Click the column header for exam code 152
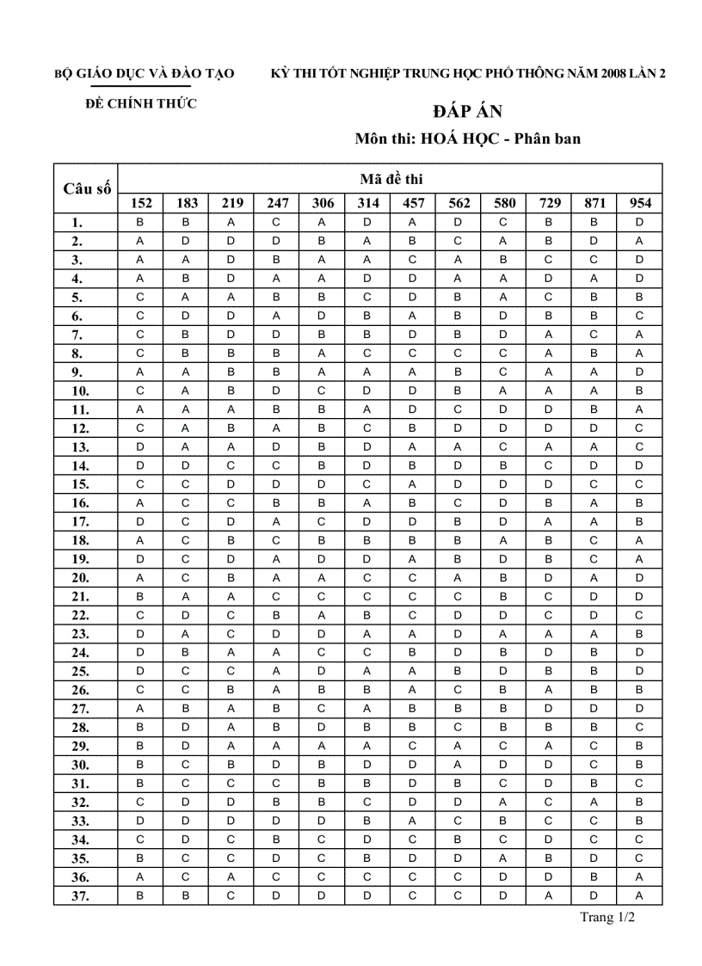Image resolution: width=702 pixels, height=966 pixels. pos(141,204)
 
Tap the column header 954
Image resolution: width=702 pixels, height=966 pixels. pos(639,204)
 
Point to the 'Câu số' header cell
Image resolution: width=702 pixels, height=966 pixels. pos(86,188)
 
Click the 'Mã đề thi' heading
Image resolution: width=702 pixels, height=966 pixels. pos(391,179)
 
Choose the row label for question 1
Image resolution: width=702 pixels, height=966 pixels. pos(77,223)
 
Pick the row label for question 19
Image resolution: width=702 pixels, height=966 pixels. pos(77,558)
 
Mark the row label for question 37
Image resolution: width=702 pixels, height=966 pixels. pos(77,895)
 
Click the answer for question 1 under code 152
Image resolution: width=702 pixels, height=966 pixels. pos(141,222)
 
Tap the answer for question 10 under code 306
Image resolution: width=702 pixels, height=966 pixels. pos(322,391)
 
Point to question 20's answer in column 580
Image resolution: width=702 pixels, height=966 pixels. pos(503,577)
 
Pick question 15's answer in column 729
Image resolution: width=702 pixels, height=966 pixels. pos(549,483)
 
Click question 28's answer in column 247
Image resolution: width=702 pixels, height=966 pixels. pos(276,727)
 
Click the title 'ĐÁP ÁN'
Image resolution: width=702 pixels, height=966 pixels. pos(467,112)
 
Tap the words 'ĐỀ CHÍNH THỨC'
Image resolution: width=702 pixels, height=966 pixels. pos(141,104)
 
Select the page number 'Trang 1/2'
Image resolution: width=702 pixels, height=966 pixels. pos(607,917)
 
